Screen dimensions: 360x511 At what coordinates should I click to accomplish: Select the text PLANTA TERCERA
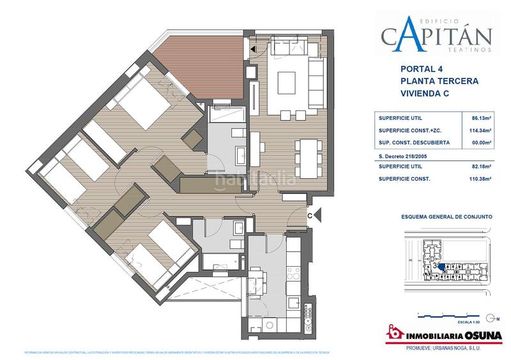coord(438,81)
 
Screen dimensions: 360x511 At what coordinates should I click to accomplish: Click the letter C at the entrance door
coord(310,216)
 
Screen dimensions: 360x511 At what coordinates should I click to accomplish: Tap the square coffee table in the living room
coord(286,81)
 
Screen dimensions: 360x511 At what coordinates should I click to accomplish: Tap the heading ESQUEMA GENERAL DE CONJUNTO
coord(446,217)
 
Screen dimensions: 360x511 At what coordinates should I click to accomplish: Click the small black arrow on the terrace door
coord(254,49)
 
